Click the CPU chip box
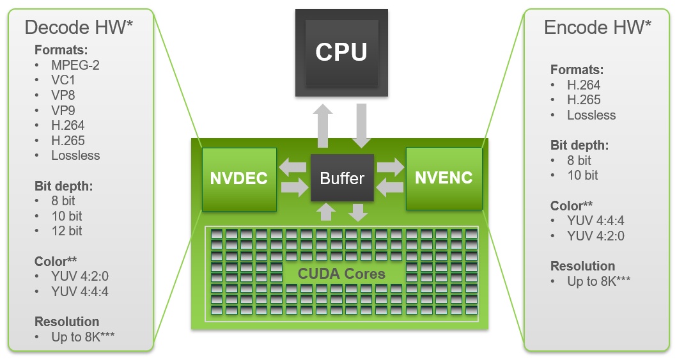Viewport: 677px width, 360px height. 341,52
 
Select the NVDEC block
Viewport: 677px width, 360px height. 239,179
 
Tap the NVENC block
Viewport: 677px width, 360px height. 444,178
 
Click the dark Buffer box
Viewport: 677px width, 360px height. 342,178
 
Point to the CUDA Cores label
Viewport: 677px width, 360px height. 341,274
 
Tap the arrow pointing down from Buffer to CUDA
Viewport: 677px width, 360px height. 359,212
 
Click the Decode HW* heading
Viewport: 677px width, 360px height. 79,27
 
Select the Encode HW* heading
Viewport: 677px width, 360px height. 598,27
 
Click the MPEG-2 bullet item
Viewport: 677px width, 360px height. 75,65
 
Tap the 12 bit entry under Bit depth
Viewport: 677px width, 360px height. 66,231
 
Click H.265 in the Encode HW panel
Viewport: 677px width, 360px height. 584,100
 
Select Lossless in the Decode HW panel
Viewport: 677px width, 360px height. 75,155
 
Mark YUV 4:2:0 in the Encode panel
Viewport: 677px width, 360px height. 595,236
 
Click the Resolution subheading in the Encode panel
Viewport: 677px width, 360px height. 582,266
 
